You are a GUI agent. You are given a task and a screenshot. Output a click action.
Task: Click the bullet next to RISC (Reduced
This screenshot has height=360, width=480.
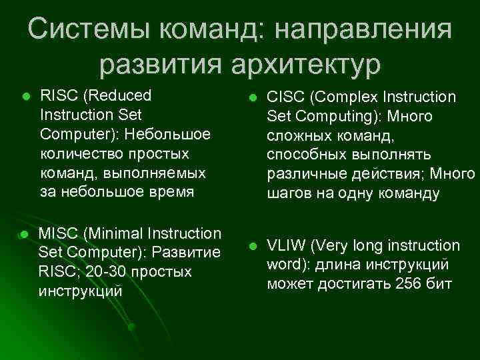pos(25,97)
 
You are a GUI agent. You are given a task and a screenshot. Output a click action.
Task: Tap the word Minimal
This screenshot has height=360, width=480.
pos(109,234)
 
